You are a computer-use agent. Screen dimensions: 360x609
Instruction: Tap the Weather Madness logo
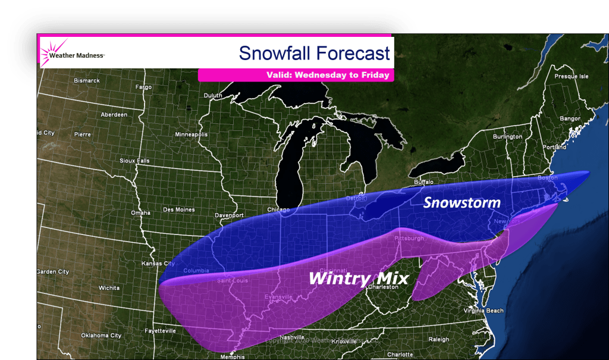click(x=72, y=54)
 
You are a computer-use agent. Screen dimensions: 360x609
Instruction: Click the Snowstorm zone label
click(x=462, y=203)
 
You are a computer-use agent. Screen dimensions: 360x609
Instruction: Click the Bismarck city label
click(x=87, y=80)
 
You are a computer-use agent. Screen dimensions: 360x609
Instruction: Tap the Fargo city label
click(x=144, y=87)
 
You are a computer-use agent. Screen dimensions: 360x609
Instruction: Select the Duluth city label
click(x=212, y=95)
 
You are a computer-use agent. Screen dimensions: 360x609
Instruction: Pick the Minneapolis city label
click(x=192, y=134)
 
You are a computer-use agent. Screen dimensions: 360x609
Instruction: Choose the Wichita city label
click(x=109, y=287)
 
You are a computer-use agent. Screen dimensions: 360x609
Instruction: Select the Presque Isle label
click(x=571, y=76)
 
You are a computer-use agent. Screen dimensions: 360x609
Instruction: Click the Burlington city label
click(x=507, y=136)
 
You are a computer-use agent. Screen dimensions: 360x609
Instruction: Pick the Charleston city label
click(x=381, y=287)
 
